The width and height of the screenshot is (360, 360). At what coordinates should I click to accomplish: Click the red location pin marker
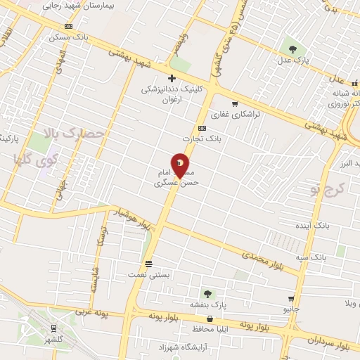[x=180, y=165]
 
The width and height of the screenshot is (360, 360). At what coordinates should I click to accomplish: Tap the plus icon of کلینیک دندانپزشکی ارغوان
[x=172, y=78]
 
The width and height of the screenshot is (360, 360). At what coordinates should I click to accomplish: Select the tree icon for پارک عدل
[x=292, y=49]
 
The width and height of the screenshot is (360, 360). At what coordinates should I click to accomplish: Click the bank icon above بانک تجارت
[x=202, y=128]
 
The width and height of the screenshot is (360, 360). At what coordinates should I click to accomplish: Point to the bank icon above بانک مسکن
[x=69, y=26]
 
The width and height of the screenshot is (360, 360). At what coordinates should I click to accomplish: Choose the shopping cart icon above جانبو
[x=291, y=299]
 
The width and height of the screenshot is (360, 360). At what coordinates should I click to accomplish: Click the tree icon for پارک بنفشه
[x=207, y=293]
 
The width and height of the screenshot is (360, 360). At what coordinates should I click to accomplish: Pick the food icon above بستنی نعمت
[x=149, y=264]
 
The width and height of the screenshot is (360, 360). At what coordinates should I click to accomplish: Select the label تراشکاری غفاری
[x=237, y=113]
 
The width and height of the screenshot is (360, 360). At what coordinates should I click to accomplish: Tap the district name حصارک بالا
[x=74, y=133]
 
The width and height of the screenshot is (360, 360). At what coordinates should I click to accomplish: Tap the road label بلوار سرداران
[x=328, y=342]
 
